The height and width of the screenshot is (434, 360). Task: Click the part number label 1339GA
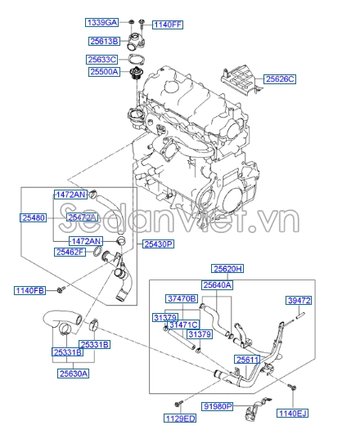[x=101, y=22]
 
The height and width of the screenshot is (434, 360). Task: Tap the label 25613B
[x=104, y=41]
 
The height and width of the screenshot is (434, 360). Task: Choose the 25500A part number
[x=104, y=72]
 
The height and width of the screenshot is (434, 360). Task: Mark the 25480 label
[x=33, y=218]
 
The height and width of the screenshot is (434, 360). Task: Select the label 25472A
[x=83, y=217]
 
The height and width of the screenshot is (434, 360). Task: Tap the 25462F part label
[x=71, y=253]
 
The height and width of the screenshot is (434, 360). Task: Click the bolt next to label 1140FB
[x=61, y=289]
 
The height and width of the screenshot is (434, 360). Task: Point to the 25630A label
[x=73, y=374]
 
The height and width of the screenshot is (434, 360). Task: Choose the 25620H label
[x=228, y=269]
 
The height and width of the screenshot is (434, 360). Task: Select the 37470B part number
[x=181, y=299]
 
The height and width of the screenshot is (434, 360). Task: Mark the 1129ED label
[x=179, y=418]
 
